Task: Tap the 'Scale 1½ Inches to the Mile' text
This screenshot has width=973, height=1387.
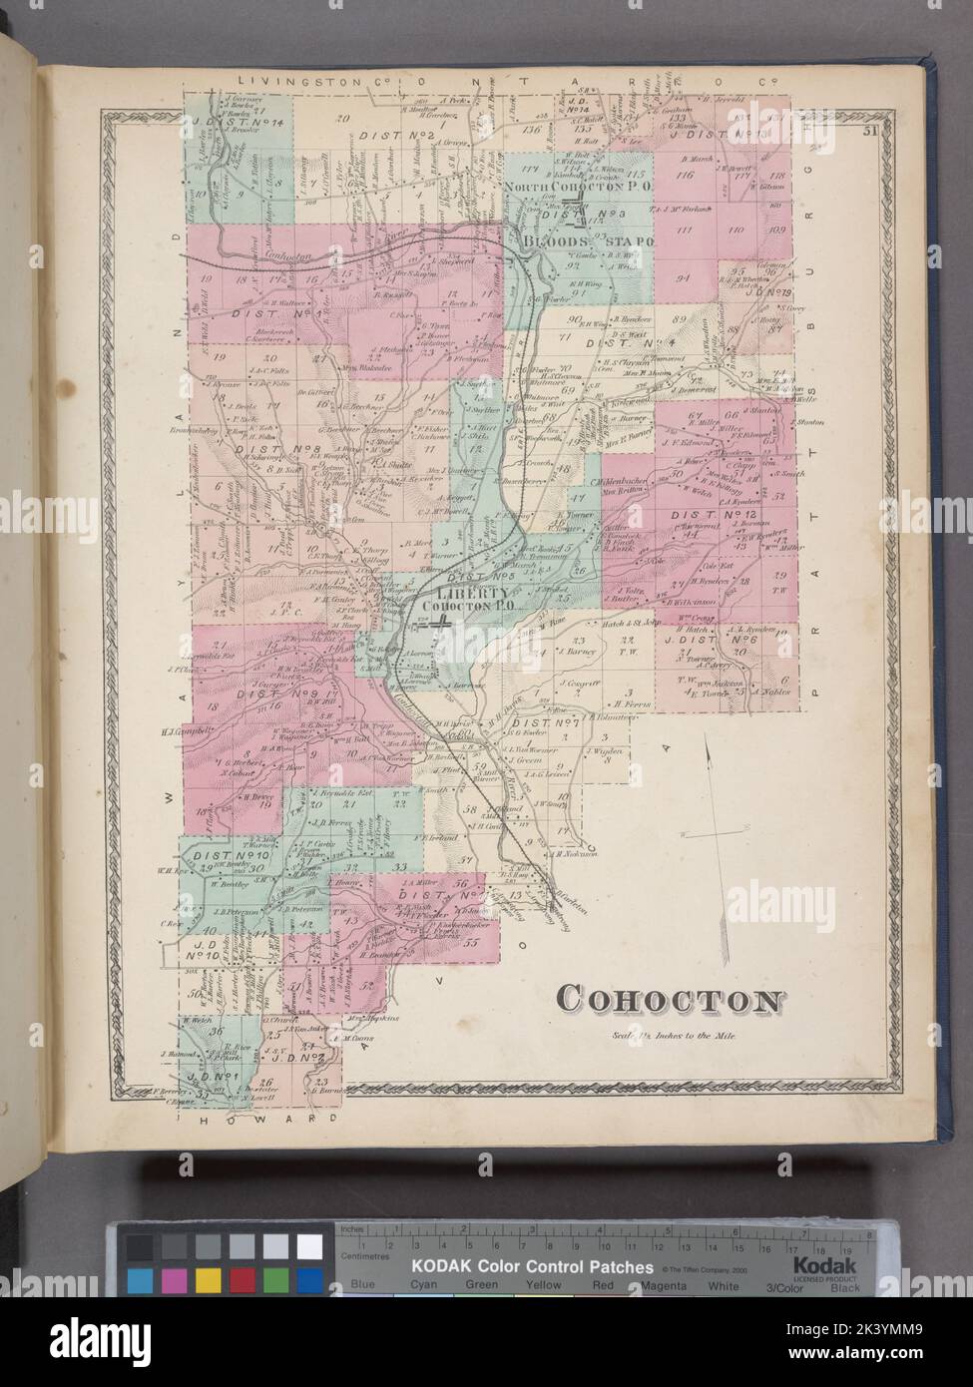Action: click(675, 1036)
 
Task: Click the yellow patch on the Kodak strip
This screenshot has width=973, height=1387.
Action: click(208, 1279)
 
